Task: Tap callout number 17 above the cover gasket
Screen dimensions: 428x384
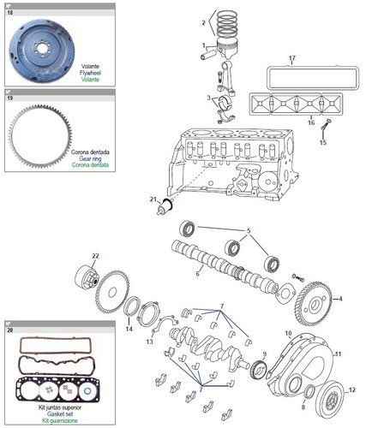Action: (x=291, y=58)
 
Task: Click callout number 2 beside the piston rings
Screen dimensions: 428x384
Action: (x=203, y=21)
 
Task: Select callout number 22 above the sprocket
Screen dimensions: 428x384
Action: (x=96, y=256)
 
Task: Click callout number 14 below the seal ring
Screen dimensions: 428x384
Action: (x=129, y=327)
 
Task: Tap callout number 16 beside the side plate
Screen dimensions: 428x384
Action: (x=312, y=122)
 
